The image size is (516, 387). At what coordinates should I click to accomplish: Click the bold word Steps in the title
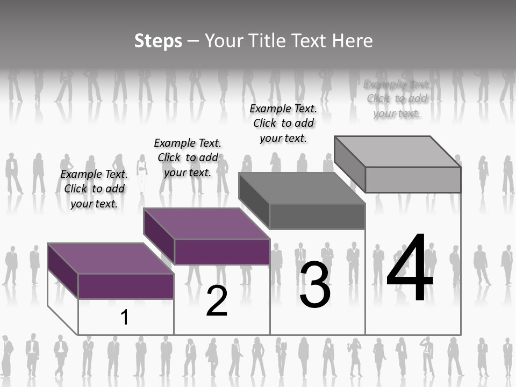coord(158,41)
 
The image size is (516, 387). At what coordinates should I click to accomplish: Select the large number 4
coord(410,269)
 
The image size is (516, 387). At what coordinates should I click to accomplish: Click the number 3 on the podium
coord(315,285)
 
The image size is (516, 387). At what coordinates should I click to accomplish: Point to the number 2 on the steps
coord(217,302)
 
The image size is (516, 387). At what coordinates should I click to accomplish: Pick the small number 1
coord(125,318)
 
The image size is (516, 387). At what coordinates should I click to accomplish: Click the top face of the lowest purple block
coord(110,259)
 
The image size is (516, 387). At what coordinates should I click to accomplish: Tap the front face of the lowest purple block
coord(126,286)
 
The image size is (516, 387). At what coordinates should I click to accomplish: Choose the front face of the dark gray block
coord(317,216)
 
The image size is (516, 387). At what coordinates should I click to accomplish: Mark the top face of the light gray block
coord(398,152)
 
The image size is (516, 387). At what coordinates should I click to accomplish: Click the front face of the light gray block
coord(413,180)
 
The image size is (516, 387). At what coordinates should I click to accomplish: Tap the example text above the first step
coord(94,189)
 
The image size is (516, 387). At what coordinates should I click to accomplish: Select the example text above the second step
coord(188,157)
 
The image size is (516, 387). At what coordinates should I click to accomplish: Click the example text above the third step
coord(283,123)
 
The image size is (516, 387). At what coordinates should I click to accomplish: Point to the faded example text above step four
coord(397,98)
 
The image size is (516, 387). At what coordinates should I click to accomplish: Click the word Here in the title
coord(353,41)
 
